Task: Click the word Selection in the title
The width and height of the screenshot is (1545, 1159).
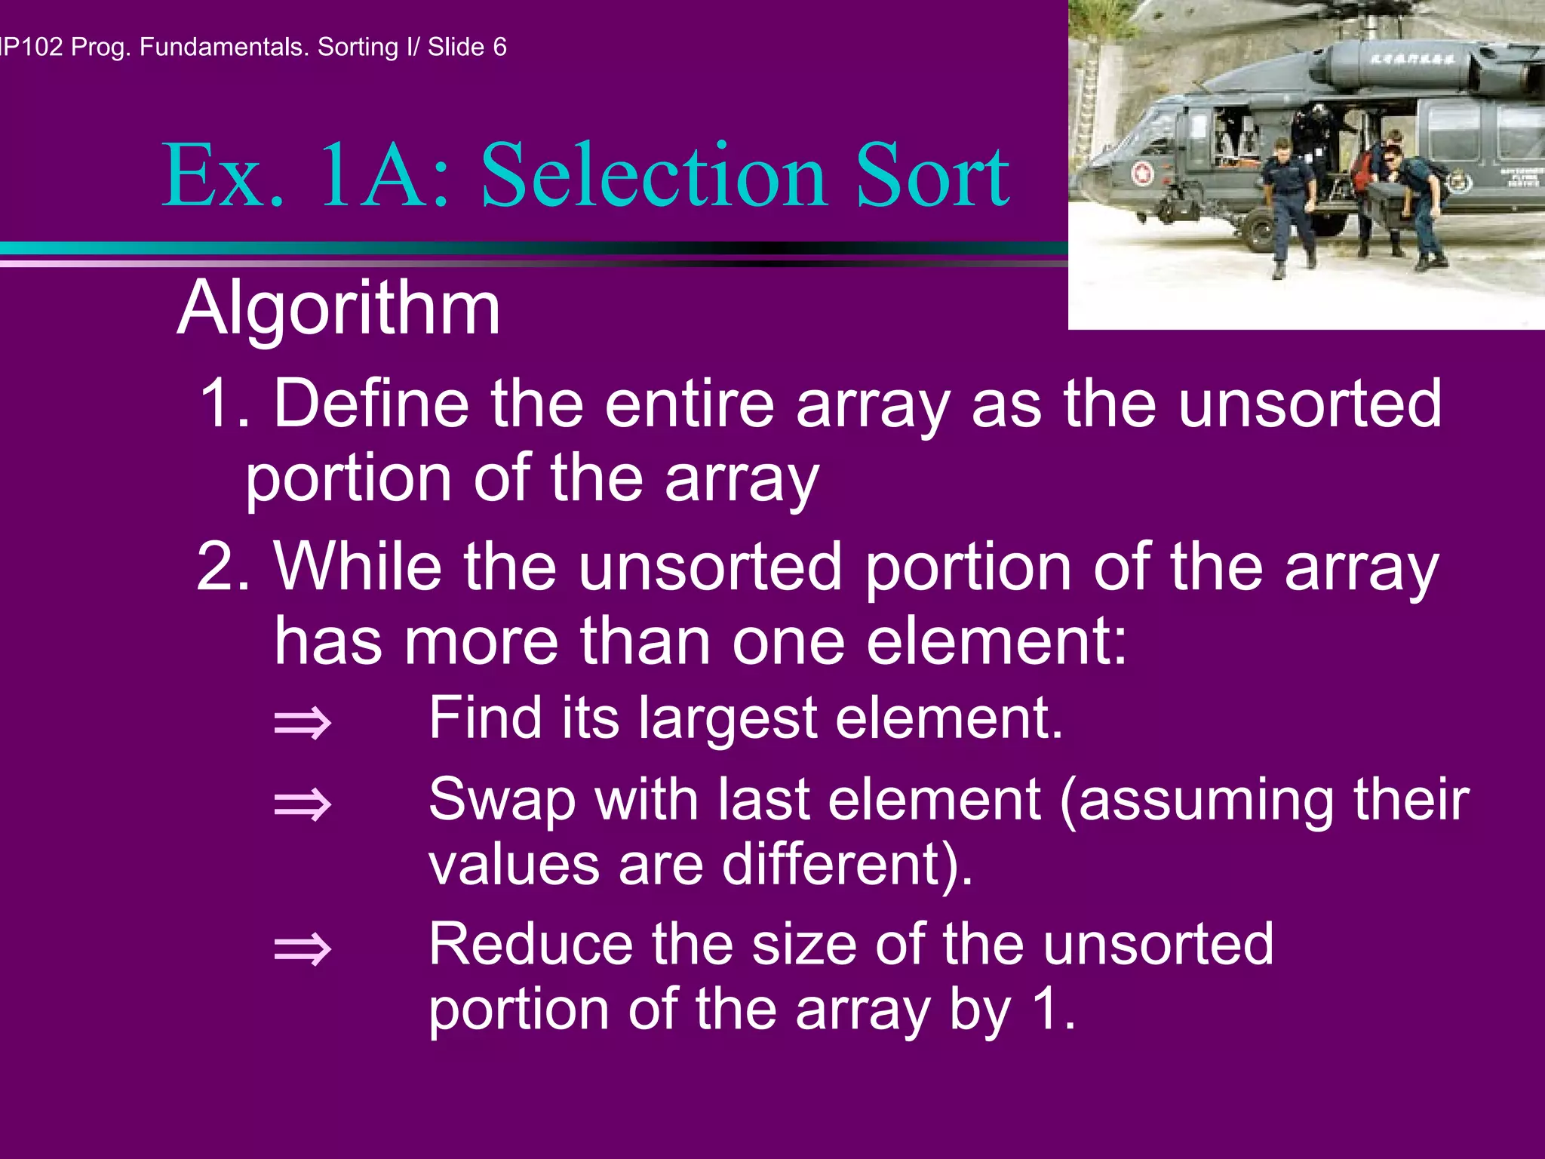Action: click(653, 177)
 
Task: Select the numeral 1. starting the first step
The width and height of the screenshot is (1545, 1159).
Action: click(224, 405)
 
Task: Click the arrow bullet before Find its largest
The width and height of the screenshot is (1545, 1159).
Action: click(303, 723)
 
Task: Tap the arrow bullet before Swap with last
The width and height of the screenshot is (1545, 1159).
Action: click(303, 804)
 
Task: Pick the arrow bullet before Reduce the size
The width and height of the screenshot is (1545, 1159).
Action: click(303, 949)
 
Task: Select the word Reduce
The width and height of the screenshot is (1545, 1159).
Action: click(531, 945)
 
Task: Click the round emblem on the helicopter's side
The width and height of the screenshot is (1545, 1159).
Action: click(1142, 174)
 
